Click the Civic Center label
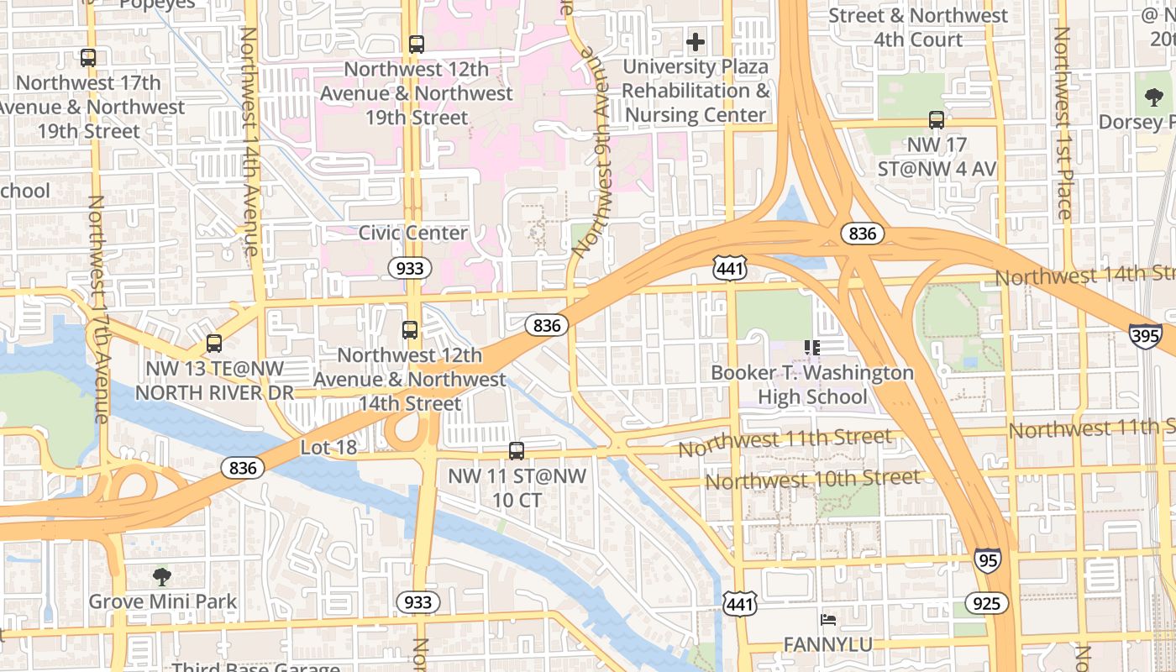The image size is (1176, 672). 412,233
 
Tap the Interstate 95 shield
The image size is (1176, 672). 988,560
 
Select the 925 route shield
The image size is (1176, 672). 986,602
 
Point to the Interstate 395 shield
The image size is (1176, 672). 1145,333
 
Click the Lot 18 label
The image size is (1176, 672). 328,448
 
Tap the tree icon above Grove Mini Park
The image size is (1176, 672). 162,577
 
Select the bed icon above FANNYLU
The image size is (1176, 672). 827,620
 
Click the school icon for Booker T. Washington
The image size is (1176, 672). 811,347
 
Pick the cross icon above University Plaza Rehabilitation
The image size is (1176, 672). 695,41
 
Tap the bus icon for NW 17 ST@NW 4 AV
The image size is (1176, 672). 937,120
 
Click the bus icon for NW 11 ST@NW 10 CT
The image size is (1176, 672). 517,451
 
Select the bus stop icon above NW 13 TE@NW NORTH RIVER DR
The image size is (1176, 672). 214,344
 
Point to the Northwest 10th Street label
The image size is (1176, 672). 811,480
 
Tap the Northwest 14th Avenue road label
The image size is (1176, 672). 249,140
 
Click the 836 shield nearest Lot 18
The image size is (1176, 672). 242,468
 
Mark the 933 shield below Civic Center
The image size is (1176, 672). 409,268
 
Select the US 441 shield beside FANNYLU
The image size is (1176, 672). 739,603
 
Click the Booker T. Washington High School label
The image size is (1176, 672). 811,385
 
